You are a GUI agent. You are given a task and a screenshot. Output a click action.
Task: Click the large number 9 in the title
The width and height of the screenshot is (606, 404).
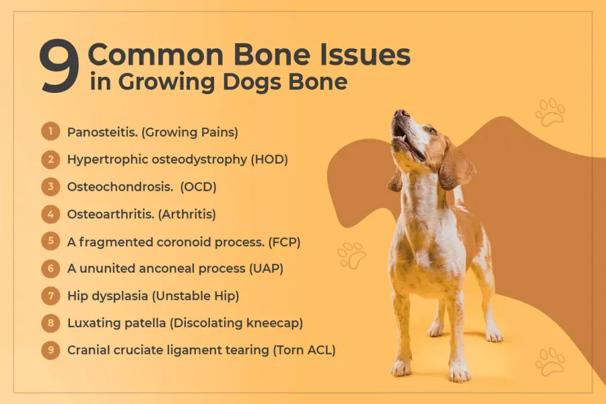coord(59,66)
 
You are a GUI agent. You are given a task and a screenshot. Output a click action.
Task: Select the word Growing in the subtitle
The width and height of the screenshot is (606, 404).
coord(166,83)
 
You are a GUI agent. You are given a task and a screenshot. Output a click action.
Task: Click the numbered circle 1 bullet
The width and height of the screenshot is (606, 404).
coord(50,131)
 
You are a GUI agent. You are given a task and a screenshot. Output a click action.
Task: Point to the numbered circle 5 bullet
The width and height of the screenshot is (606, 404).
coord(50,241)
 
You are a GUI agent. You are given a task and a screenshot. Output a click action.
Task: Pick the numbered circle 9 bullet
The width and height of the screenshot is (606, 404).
coord(50,350)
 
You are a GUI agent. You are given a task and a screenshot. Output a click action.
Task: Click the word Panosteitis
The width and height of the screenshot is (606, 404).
coord(102,132)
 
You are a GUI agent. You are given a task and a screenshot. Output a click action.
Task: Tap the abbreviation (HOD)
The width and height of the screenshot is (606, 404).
coord(269,160)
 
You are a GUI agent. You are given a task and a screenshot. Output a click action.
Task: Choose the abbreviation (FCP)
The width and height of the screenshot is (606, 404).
coord(284,242)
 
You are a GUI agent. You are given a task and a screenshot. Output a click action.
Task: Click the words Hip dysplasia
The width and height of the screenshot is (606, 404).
coord(108,296)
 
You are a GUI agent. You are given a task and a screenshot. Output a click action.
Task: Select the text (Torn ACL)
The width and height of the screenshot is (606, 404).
coord(304,350)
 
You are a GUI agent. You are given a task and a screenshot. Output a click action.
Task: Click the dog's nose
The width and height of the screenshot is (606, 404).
coord(401,114)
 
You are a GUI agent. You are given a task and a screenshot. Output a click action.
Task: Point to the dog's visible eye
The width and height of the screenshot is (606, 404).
coord(432,131)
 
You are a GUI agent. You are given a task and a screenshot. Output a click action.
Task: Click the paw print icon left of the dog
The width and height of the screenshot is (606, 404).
coord(351,255)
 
